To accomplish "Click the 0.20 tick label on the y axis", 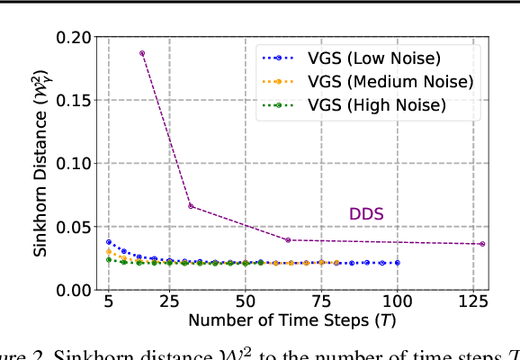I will pyautogui.click(x=73, y=37).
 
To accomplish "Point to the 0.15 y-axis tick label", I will pyautogui.click(x=73, y=100).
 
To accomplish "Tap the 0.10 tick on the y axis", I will pyautogui.click(x=73, y=164).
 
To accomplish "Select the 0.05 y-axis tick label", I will pyautogui.click(x=73, y=227).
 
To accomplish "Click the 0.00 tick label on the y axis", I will pyautogui.click(x=73, y=290).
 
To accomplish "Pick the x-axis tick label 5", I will pyautogui.click(x=109, y=301).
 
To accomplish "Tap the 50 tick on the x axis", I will pyautogui.click(x=245, y=301).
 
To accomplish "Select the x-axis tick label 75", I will pyautogui.click(x=321, y=301).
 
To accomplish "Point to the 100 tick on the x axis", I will pyautogui.click(x=397, y=301).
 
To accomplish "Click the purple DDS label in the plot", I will pyautogui.click(x=366, y=214).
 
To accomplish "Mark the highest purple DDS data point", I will pyautogui.click(x=142, y=53).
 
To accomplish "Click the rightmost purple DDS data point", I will pyautogui.click(x=482, y=244).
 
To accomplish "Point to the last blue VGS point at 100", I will pyautogui.click(x=397, y=263).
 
